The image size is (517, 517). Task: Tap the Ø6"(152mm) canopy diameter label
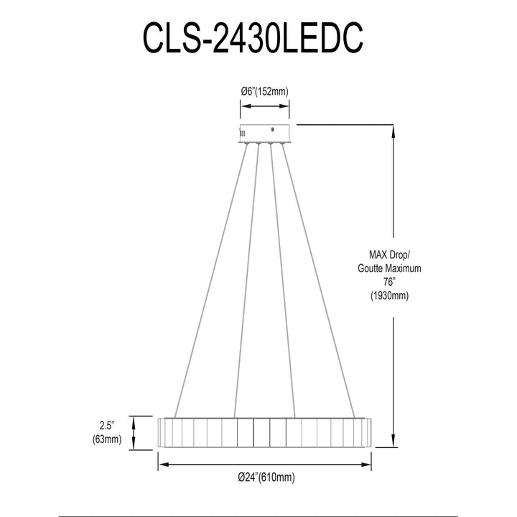click(x=264, y=91)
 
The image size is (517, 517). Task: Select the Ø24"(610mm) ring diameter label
click(x=266, y=477)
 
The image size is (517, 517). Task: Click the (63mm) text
click(x=107, y=439)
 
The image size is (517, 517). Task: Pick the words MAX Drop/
click(x=389, y=254)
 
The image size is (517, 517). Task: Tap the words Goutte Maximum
click(x=389, y=269)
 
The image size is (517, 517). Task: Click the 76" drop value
click(x=389, y=282)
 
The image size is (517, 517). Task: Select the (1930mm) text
click(x=389, y=295)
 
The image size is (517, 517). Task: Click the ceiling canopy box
click(x=264, y=134)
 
